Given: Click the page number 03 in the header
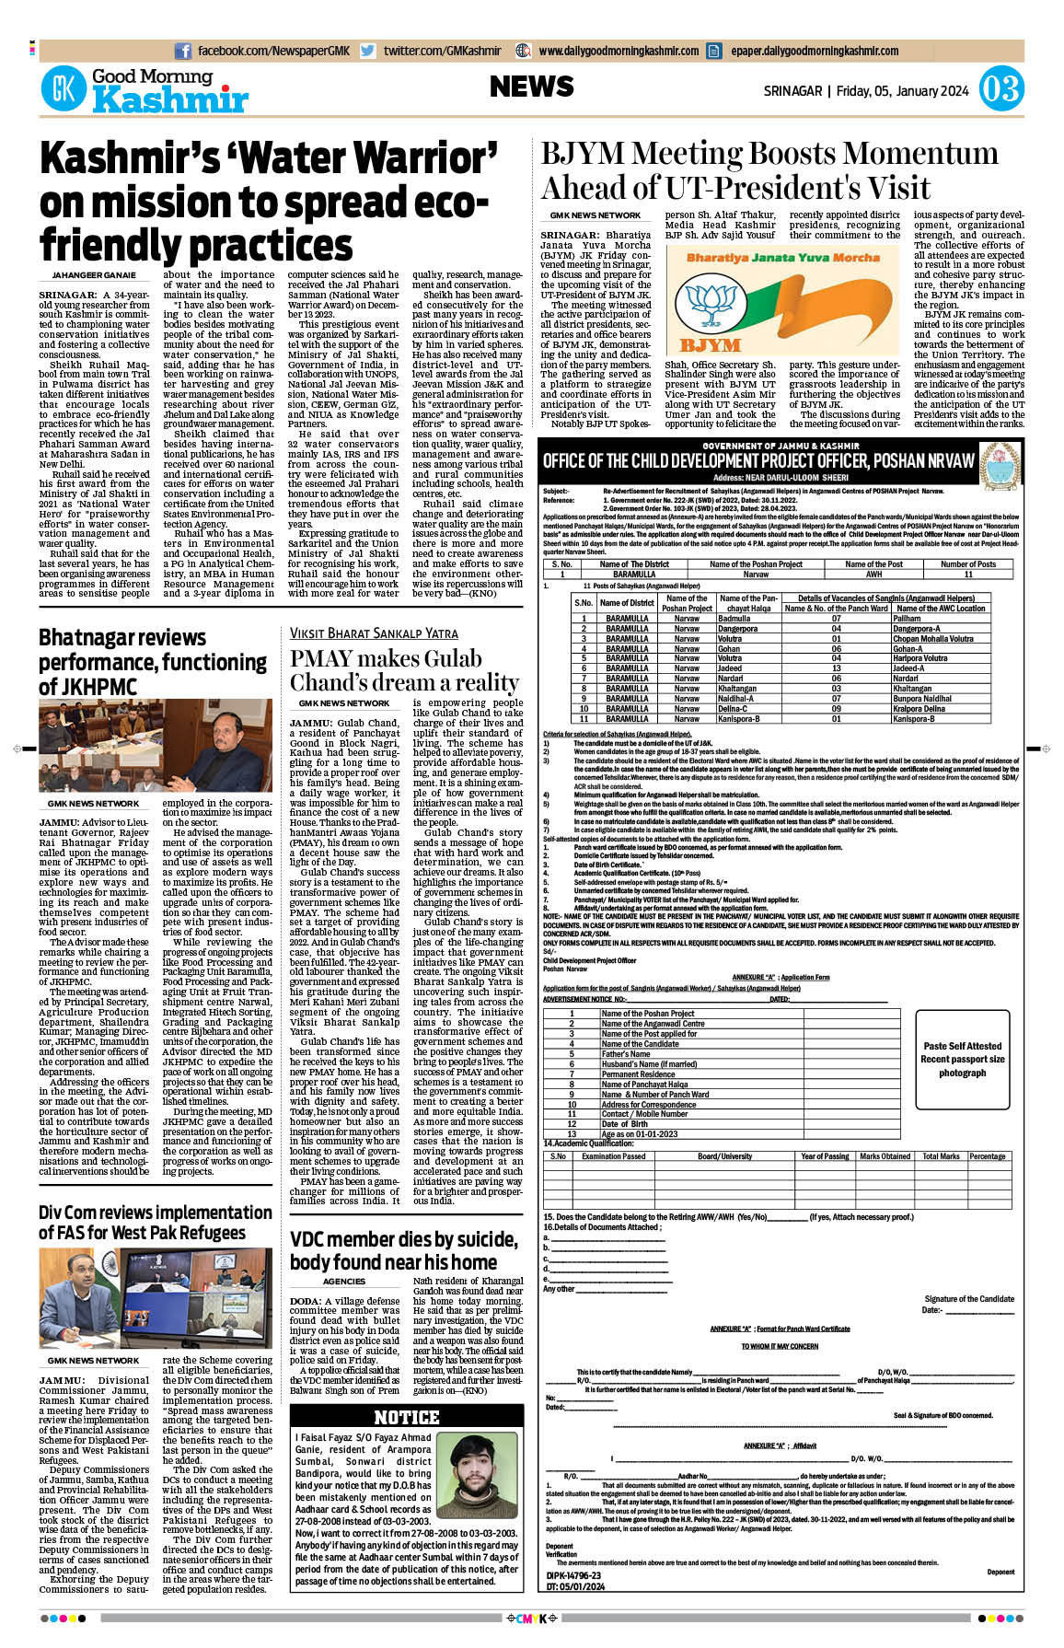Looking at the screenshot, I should pos(1000,89).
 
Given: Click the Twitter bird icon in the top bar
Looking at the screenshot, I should pos(368,52).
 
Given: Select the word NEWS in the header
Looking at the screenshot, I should pos(531,87).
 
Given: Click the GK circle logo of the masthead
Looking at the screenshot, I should pos(64,89).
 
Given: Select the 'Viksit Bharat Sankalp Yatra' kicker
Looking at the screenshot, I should pos(374,633).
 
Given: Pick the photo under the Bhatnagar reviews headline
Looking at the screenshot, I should pos(156,747).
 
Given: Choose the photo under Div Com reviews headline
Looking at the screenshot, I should pos(156,1299).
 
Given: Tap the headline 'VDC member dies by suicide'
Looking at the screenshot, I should pos(404,1250).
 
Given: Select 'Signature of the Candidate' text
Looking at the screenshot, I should pos(969,1299).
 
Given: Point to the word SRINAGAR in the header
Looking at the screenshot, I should pos(792,91).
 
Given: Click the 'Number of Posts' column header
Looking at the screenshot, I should pos(967,563).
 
